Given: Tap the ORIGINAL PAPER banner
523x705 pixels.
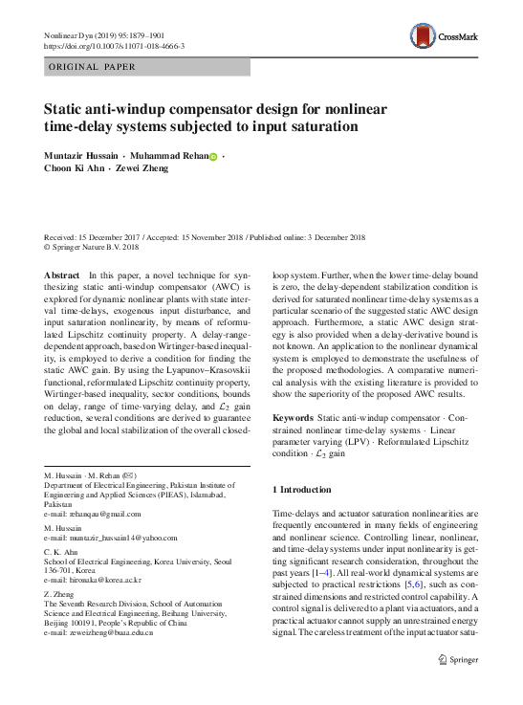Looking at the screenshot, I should pos(92,67).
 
